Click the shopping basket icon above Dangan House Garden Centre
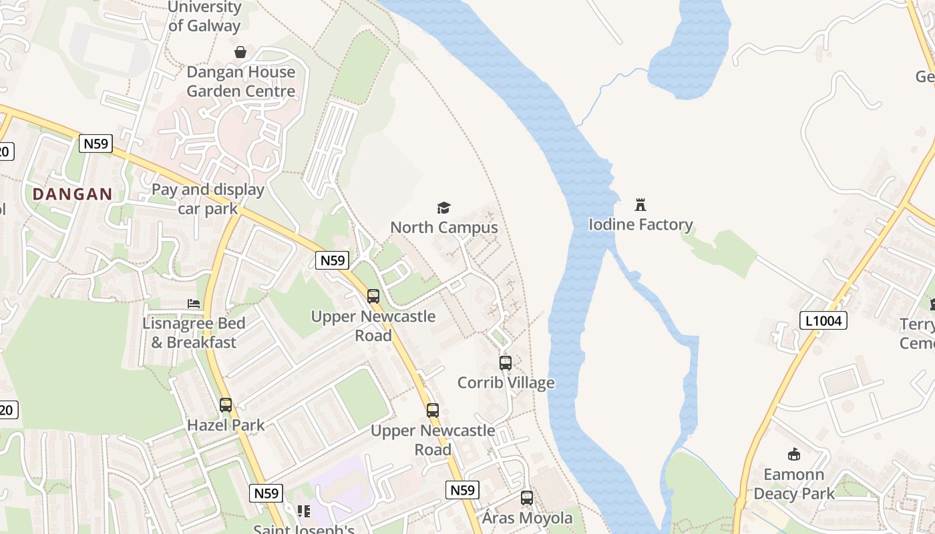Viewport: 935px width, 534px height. (x=240, y=52)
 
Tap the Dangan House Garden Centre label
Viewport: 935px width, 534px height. (x=240, y=81)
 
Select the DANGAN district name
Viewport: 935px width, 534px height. (x=73, y=194)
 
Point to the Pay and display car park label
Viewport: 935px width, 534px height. (x=208, y=199)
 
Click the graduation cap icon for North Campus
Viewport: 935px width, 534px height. (x=444, y=208)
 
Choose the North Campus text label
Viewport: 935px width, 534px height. (x=444, y=228)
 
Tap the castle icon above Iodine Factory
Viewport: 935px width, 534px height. (x=640, y=204)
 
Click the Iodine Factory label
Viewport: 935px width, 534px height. (x=640, y=225)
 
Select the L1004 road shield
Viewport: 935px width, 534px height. (x=823, y=321)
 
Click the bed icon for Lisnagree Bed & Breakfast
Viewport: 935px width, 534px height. (x=194, y=303)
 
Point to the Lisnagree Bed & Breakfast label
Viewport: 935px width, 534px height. (x=194, y=332)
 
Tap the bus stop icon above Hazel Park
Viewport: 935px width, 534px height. (x=226, y=405)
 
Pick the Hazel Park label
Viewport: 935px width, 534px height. (x=226, y=425)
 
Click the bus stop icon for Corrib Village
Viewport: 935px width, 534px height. (x=506, y=363)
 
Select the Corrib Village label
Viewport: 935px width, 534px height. (x=506, y=383)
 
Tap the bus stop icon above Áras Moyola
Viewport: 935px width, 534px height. (x=527, y=498)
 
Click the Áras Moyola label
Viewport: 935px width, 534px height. (x=527, y=518)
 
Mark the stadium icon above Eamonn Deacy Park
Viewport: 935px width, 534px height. (x=794, y=455)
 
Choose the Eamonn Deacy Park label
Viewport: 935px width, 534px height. (x=794, y=484)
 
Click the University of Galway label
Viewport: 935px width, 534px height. (x=204, y=17)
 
